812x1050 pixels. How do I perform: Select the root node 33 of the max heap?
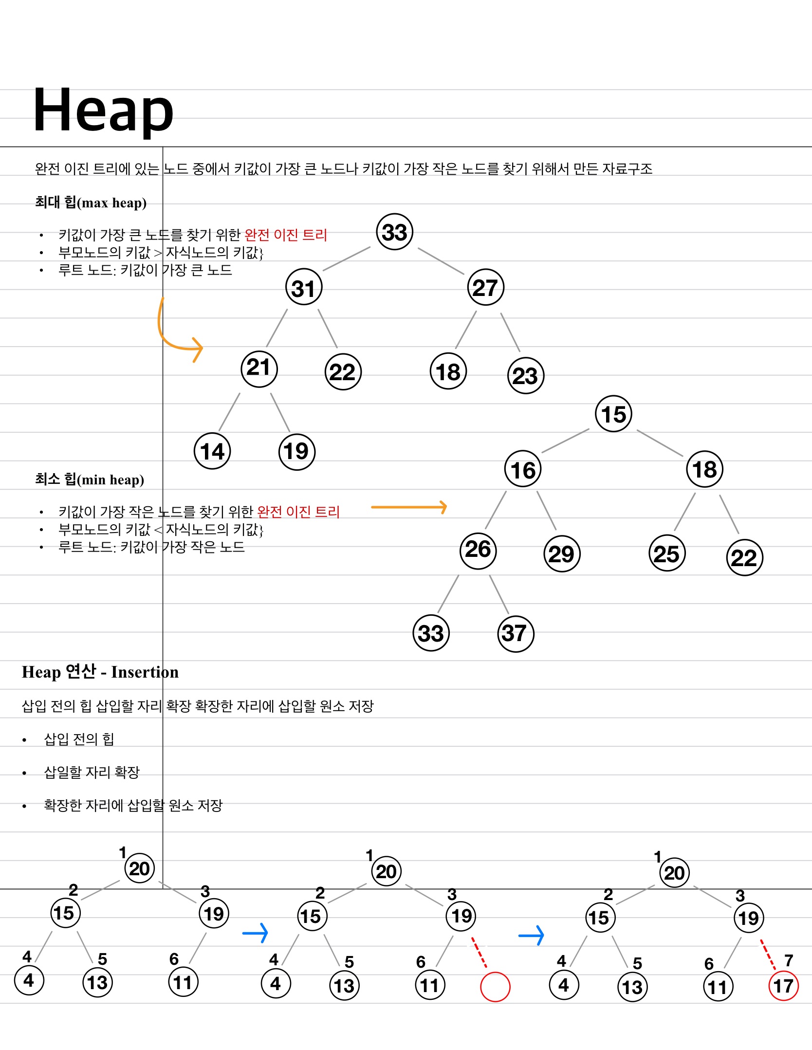pos(394,232)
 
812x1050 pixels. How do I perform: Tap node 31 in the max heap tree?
pos(304,288)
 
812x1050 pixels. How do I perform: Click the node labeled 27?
pos(485,288)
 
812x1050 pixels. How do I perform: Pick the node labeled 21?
pos(259,368)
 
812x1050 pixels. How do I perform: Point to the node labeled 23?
pos(525,376)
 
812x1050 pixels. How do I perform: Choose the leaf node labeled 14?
pos(212,451)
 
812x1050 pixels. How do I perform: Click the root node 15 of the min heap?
pos(613,414)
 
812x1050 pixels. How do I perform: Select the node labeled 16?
pos(523,470)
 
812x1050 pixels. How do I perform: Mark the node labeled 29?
pos(562,554)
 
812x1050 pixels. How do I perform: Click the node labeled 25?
pos(666,554)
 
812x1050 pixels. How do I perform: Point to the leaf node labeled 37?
pos(516,633)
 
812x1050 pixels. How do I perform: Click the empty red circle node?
pos(495,987)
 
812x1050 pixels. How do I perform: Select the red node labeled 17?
pos(783,986)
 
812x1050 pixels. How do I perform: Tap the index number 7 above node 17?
pos(789,960)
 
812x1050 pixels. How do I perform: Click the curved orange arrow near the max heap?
pos(175,336)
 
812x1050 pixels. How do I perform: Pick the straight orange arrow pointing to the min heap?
pos(409,507)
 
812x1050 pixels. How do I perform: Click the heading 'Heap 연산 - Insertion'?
pos(100,672)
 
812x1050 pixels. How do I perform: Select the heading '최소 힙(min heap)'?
pos(90,479)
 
